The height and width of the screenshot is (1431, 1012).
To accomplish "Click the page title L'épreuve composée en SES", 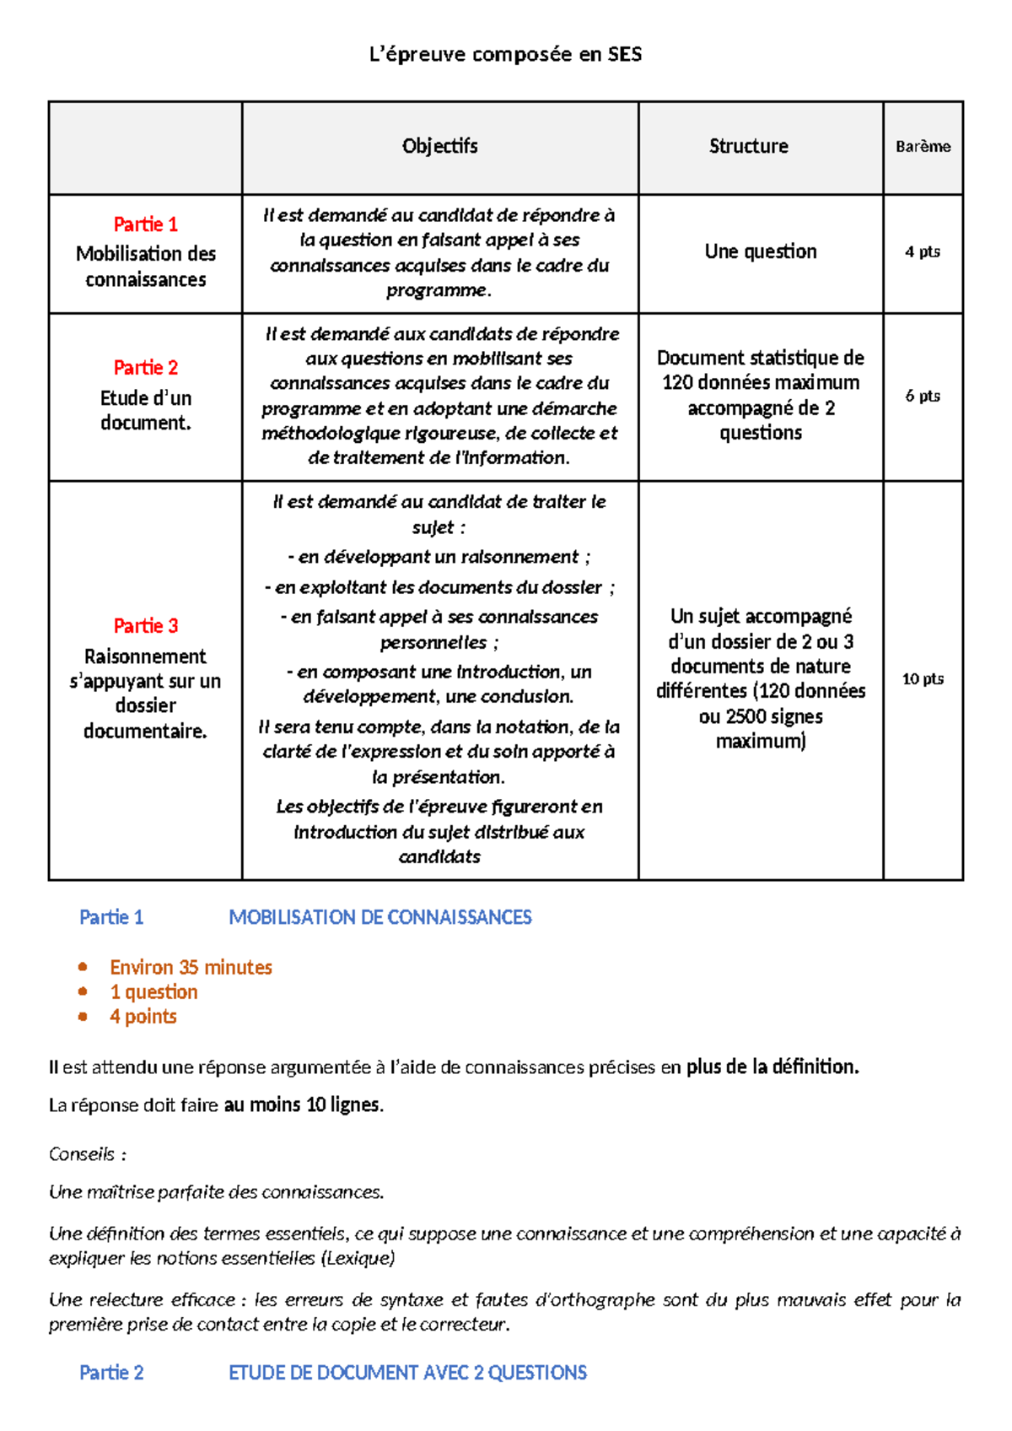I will pyautogui.click(x=506, y=55).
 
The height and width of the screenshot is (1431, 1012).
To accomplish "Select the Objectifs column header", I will pyautogui.click(x=439, y=146).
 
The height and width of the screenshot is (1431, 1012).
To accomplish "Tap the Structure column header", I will pyautogui.click(x=748, y=146).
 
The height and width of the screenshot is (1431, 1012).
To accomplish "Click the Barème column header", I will pyautogui.click(x=923, y=147).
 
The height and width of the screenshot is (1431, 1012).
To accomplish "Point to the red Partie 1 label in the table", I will pyautogui.click(x=145, y=224).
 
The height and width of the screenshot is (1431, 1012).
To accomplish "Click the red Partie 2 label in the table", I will pyautogui.click(x=145, y=368).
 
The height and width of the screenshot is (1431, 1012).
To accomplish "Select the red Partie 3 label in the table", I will pyautogui.click(x=145, y=626).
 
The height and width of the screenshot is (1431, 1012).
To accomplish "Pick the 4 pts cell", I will pyautogui.click(x=922, y=251).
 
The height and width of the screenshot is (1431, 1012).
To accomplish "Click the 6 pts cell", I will pyautogui.click(x=922, y=396).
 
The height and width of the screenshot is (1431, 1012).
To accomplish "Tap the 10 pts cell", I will pyautogui.click(x=922, y=679).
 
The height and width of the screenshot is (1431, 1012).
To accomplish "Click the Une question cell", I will pyautogui.click(x=760, y=251).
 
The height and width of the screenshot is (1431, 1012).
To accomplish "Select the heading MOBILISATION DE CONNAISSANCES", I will pyautogui.click(x=379, y=917).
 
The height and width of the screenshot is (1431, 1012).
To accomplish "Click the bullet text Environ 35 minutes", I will pyautogui.click(x=191, y=967).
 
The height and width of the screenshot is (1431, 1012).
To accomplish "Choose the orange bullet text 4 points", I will pyautogui.click(x=143, y=1017).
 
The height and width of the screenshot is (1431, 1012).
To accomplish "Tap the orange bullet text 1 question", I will pyautogui.click(x=153, y=992).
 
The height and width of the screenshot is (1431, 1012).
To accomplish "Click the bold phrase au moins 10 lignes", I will pyautogui.click(x=303, y=1105).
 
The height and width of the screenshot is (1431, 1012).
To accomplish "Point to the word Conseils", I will pyautogui.click(x=83, y=1153).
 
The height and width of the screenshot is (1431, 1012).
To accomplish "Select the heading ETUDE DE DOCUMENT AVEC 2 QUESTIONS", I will pyautogui.click(x=407, y=1373).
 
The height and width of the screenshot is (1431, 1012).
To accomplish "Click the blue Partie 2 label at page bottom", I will pyautogui.click(x=111, y=1373).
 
